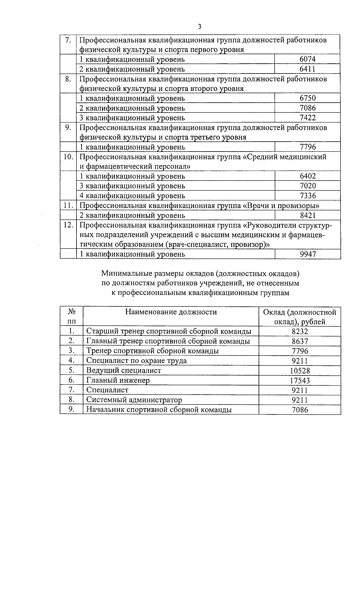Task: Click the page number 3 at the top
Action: point(199,27)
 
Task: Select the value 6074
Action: point(307,59)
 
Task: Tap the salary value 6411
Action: point(307,69)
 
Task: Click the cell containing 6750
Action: point(307,98)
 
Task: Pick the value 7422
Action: point(307,118)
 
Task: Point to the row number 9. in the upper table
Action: point(68,128)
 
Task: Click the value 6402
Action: point(307,176)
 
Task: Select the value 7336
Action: point(307,196)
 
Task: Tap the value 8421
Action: point(307,215)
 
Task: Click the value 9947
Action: point(307,254)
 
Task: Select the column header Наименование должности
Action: point(171,312)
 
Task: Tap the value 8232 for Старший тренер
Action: point(300,331)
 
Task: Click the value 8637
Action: point(300,341)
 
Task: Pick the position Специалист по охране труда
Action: point(136,360)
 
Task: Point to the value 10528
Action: point(300,371)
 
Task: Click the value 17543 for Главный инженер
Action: point(300,381)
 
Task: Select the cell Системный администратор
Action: point(134,400)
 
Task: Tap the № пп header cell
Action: point(71,316)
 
